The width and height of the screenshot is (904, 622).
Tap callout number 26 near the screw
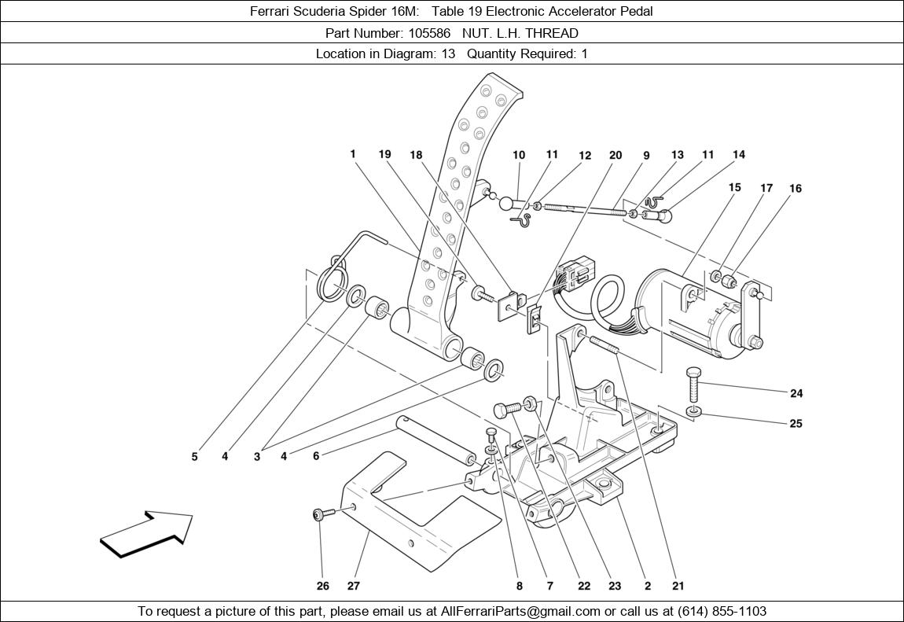tap(323, 586)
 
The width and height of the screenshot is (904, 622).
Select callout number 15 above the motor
tap(734, 188)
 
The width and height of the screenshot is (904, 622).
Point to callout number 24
tap(796, 393)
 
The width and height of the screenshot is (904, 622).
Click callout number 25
tap(796, 424)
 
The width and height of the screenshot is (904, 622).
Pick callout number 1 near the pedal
tap(354, 154)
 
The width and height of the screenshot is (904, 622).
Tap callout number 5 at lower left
tap(195, 456)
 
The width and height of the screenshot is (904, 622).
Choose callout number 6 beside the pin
tap(316, 456)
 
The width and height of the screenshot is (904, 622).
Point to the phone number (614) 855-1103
tap(718, 611)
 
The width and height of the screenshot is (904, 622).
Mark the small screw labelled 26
tap(322, 515)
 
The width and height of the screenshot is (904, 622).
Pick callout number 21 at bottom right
tap(678, 586)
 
